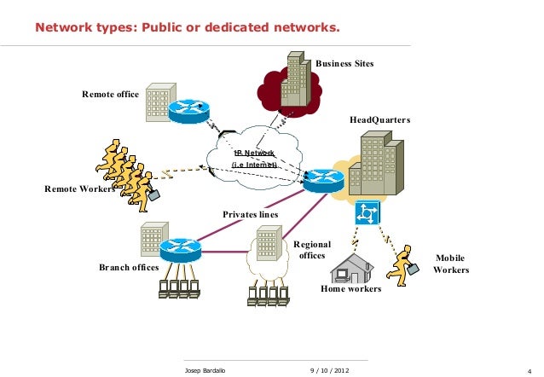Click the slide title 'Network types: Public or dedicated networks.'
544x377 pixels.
187,28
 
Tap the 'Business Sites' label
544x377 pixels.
344,64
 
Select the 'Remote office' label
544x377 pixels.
110,94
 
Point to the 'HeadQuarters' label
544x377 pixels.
380,120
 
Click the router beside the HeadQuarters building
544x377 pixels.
323,179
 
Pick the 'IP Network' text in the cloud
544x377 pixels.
254,153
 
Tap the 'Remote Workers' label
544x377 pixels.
78,188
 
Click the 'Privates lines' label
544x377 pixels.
251,213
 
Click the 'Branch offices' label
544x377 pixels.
129,267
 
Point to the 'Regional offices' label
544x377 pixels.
311,250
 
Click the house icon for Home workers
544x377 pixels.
352,268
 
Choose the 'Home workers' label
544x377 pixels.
350,289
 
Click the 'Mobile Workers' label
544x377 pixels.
451,264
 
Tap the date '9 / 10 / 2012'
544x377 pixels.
328,370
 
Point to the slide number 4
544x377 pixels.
530,370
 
